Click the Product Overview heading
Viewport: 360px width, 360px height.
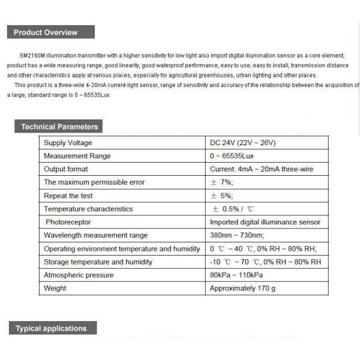click(x=45, y=32)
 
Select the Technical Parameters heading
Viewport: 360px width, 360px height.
click(x=59, y=127)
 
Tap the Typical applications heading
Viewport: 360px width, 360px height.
click(x=51, y=328)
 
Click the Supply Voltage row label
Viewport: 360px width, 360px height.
click(x=68, y=143)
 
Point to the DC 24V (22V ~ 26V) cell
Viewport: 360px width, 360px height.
click(x=242, y=143)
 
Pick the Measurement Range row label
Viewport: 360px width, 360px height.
click(x=77, y=156)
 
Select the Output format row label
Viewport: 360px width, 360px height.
click(x=66, y=169)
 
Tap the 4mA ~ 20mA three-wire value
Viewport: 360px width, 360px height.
click(x=269, y=169)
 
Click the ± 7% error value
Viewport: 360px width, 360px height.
click(x=221, y=182)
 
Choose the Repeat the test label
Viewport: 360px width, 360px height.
click(x=68, y=196)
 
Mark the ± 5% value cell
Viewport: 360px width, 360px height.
click(x=221, y=196)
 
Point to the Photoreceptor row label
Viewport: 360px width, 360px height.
click(x=67, y=222)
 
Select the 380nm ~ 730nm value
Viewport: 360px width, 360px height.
click(x=236, y=235)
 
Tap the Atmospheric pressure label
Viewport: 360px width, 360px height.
click(x=78, y=275)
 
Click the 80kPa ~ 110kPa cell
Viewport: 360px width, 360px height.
click(x=236, y=275)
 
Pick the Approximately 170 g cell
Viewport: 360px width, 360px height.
click(x=242, y=288)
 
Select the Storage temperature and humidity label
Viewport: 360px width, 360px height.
click(x=98, y=262)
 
